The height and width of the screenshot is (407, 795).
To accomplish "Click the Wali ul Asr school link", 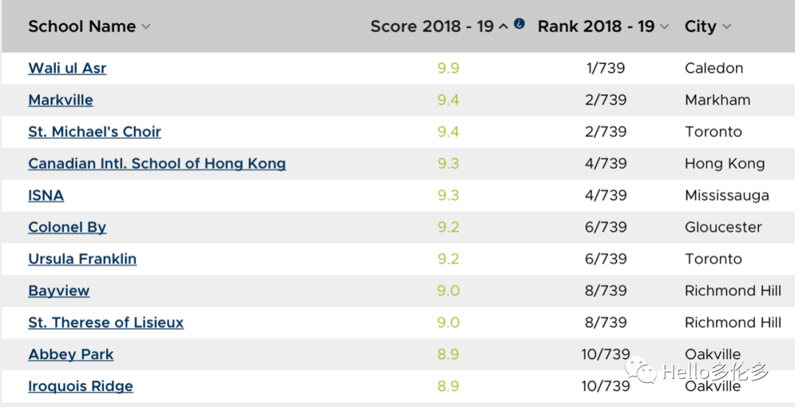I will (67, 68).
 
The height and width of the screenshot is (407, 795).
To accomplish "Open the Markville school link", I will (60, 100).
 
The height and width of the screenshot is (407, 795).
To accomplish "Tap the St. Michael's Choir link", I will (94, 132).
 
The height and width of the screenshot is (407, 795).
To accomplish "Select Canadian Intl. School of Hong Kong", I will (157, 163).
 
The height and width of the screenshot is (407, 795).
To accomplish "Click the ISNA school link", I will (46, 195).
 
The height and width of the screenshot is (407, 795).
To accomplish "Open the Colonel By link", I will (67, 227).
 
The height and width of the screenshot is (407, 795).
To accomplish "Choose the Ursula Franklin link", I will (82, 259).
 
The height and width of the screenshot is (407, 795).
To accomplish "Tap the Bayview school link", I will (59, 291).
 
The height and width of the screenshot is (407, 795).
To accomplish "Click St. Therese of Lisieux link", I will (106, 322).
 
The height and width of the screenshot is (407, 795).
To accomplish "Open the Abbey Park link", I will (71, 354).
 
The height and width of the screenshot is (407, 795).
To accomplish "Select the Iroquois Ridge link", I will (80, 386).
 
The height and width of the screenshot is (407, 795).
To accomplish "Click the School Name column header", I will (82, 26).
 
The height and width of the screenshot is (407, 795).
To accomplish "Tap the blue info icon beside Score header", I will (519, 24).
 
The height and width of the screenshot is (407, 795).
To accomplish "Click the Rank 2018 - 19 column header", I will (596, 26).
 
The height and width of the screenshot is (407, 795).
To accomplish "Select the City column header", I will (700, 26).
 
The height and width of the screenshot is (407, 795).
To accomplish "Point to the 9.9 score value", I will (448, 68).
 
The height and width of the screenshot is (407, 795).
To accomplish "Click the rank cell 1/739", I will (605, 68).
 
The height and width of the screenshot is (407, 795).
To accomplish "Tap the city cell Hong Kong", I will (724, 163).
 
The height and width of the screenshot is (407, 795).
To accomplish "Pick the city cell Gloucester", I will (723, 227).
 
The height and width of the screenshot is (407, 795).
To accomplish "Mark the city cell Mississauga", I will (727, 195).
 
